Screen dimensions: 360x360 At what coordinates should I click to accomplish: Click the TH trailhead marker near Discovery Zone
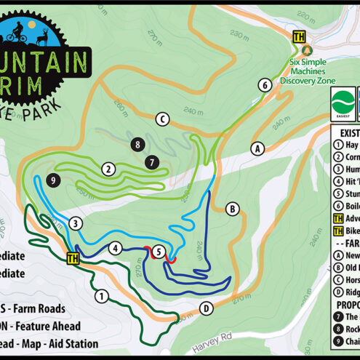[298, 36]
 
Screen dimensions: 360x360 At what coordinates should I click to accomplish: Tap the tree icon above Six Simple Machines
[307, 50]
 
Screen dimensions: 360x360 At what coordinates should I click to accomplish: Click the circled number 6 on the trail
[265, 85]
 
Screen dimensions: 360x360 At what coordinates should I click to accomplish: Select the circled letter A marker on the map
[256, 148]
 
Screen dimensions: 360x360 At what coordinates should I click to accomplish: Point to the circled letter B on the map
[233, 209]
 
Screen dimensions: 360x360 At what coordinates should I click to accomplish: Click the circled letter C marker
[162, 119]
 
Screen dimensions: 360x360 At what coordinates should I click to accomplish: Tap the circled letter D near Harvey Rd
[207, 308]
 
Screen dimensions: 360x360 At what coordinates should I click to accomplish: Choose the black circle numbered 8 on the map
[137, 145]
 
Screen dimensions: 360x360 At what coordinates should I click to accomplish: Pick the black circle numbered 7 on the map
[151, 161]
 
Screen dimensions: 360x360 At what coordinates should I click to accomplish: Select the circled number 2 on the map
[108, 169]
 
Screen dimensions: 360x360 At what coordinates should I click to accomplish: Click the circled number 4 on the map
[115, 248]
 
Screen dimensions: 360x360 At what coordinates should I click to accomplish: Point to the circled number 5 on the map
[157, 252]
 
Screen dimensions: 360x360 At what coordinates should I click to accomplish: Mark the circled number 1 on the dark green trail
[100, 295]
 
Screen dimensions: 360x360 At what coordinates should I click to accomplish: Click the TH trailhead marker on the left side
[73, 258]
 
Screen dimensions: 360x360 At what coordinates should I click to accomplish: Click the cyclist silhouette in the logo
[18, 32]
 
